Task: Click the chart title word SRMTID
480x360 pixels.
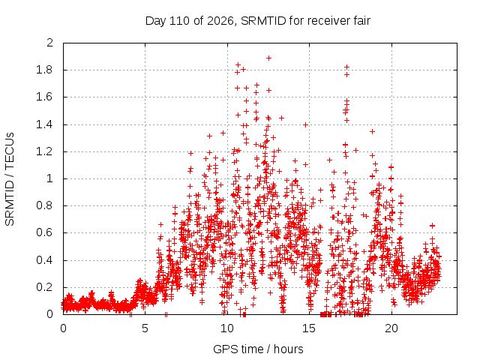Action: [x=263, y=21]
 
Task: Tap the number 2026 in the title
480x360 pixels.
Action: [x=220, y=21]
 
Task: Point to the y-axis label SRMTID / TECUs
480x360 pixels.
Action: [x=10, y=179]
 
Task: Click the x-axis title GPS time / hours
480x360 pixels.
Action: [x=258, y=349]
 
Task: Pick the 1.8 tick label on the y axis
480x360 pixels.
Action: [x=44, y=70]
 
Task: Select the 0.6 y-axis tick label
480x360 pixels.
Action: [x=44, y=232]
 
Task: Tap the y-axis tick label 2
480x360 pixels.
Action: [x=50, y=43]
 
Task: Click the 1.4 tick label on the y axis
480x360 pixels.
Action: [x=44, y=124]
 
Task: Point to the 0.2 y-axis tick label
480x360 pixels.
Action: [x=44, y=287]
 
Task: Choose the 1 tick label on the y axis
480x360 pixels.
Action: [x=50, y=178]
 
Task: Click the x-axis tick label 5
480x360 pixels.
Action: [x=145, y=328]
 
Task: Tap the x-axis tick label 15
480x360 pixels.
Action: [x=309, y=328]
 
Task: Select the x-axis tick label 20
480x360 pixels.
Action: [x=391, y=328]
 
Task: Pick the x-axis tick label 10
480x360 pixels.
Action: [x=227, y=328]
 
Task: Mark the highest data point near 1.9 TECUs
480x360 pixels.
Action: [x=268, y=58]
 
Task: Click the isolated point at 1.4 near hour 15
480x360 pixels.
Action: [x=305, y=124]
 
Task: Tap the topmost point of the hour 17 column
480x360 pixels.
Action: [x=346, y=67]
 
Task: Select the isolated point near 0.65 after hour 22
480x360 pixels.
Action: [x=432, y=226]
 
